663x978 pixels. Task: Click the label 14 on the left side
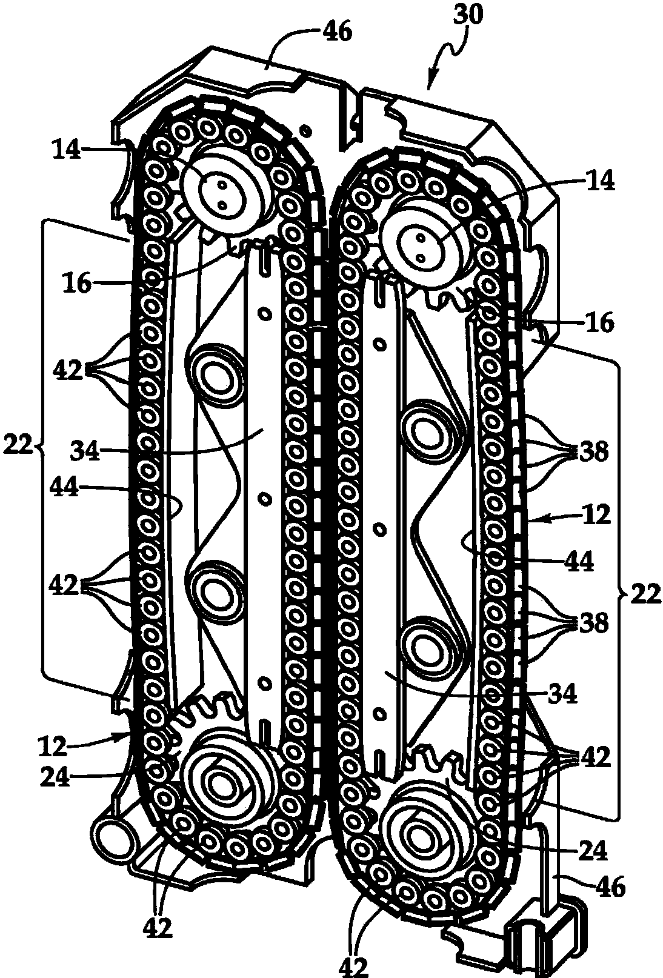(x=67, y=151)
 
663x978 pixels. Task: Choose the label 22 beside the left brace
(x=18, y=447)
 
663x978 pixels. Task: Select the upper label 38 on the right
(x=594, y=452)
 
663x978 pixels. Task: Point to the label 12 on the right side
(x=596, y=515)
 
